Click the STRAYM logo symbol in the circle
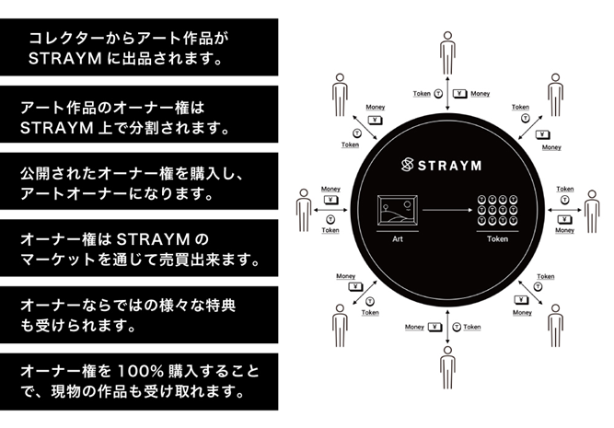(x=408, y=165)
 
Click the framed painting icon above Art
(x=398, y=211)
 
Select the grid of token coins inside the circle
(x=497, y=210)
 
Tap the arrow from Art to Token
(x=447, y=210)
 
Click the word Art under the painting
(x=398, y=239)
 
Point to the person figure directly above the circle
(x=447, y=53)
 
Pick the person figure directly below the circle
(x=447, y=367)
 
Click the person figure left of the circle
(x=304, y=210)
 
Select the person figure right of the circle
(x=592, y=212)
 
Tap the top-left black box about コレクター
(x=139, y=47)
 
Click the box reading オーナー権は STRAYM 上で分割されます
(x=139, y=114)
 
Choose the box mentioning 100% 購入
(x=139, y=382)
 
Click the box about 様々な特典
(x=139, y=315)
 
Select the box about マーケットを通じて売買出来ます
(x=139, y=248)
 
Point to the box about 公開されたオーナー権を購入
(x=139, y=181)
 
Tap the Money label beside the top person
(x=481, y=94)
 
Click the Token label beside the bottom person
(x=472, y=327)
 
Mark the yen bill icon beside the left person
(x=330, y=200)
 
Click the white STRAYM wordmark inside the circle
(x=449, y=166)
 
